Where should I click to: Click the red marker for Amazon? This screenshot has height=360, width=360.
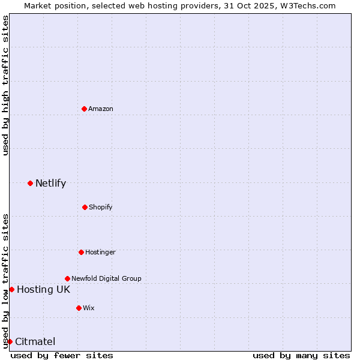(x=84, y=109)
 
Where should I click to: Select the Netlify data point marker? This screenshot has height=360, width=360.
(x=30, y=183)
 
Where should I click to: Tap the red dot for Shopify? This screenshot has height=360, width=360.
(x=85, y=207)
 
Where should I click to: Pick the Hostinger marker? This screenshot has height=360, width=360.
(x=81, y=252)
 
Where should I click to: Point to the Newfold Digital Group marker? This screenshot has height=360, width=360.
(x=67, y=278)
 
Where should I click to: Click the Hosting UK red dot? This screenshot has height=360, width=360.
(x=11, y=289)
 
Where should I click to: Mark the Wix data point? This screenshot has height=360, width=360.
(x=79, y=308)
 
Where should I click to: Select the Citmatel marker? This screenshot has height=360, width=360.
(x=10, y=341)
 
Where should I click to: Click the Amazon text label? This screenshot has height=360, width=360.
(x=101, y=109)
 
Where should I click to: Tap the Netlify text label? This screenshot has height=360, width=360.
(x=50, y=183)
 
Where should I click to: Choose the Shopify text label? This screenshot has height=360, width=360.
(x=100, y=207)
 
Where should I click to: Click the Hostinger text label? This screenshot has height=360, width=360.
(x=100, y=252)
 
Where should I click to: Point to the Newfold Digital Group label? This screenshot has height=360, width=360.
(x=106, y=278)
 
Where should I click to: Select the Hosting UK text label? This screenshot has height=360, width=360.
(x=43, y=289)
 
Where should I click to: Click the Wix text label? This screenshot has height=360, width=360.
(x=88, y=308)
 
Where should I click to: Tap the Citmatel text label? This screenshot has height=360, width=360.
(x=35, y=341)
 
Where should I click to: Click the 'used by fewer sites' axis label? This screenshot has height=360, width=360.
(x=62, y=355)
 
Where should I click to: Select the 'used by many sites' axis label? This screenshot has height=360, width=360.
(x=301, y=355)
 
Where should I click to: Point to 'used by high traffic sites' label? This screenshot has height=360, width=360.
(x=5, y=85)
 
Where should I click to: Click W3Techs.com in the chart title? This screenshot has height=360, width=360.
(x=305, y=5)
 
